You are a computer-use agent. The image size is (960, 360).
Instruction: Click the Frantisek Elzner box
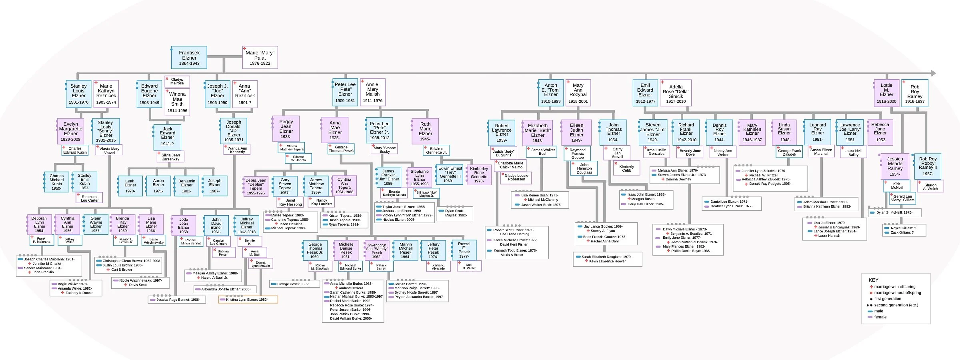tap(189, 58)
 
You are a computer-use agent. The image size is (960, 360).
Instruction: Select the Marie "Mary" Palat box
tap(260, 58)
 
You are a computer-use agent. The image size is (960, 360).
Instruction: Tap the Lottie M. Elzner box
tap(886, 93)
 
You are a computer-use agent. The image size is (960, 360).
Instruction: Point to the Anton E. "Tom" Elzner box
tap(551, 93)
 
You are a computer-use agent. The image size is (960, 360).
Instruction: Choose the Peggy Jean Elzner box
tap(286, 129)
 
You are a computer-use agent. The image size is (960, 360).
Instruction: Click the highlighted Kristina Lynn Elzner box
tap(248, 300)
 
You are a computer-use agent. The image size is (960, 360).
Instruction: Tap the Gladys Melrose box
tap(177, 81)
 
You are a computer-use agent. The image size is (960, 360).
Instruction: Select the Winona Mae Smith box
tap(177, 102)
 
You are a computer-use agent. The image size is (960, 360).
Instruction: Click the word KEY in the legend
tap(873, 280)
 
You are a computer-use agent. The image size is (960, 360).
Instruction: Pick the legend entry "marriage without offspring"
tap(897, 293)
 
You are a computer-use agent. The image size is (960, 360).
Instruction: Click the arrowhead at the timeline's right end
tap(933, 73)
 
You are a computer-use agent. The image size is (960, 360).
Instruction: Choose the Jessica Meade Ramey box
tap(895, 166)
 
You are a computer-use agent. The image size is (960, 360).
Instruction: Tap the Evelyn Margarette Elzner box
tap(71, 131)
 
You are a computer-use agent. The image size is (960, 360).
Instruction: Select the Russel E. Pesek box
tap(464, 250)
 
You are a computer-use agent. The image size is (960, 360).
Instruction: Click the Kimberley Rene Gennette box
tap(479, 175)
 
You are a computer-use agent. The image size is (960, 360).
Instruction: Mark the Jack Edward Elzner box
tap(167, 136)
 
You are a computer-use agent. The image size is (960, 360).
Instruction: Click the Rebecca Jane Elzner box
tap(880, 132)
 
